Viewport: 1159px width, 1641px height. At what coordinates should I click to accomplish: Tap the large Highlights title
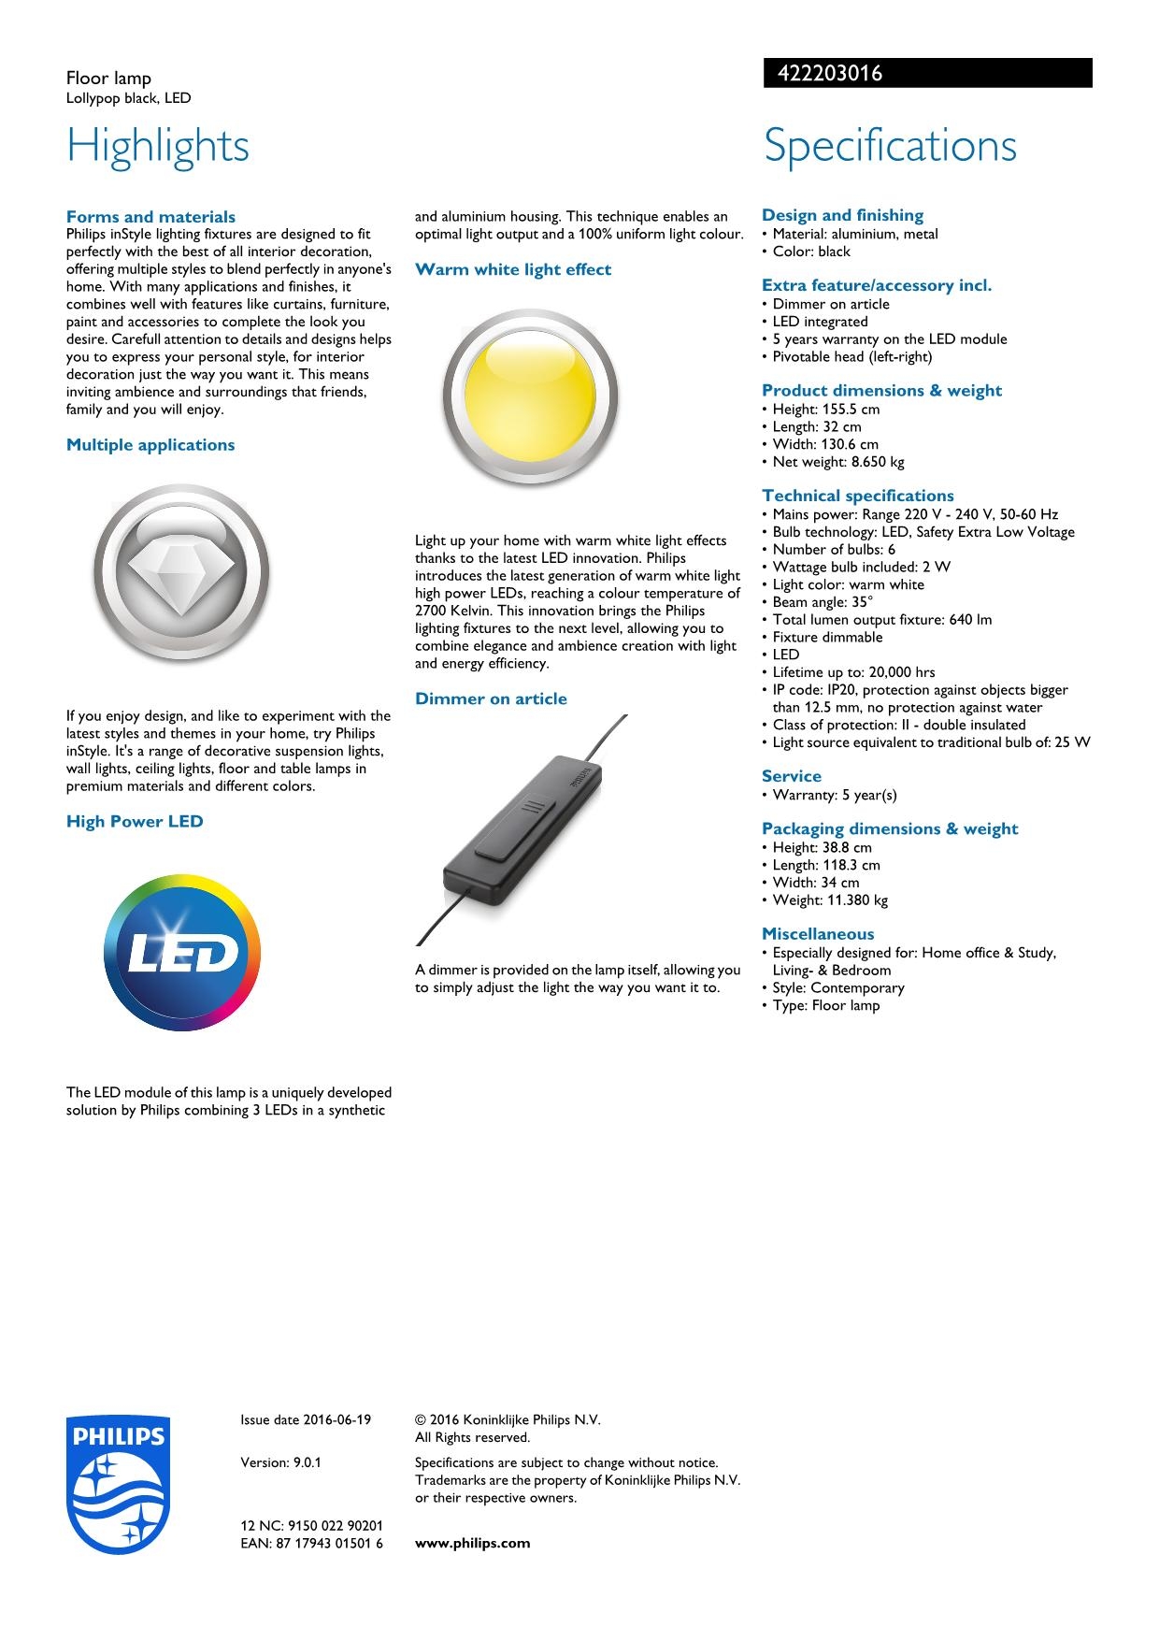[158, 146]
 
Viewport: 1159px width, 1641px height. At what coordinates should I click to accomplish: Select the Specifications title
[890, 146]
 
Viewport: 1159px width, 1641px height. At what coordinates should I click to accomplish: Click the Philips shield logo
[118, 1485]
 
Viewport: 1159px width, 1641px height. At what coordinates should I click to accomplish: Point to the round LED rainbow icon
[182, 953]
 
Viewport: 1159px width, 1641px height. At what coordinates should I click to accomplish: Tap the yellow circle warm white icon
[530, 397]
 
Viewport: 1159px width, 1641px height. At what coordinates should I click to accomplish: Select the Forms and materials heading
[150, 217]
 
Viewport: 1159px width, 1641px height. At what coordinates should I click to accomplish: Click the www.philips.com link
[472, 1543]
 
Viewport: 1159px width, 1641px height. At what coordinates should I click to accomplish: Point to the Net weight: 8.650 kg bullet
[837, 462]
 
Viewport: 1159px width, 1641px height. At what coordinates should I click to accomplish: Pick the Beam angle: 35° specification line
[823, 602]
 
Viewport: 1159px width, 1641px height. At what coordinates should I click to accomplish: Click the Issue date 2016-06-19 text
[306, 1419]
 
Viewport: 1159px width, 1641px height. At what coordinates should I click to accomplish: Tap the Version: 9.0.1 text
[280, 1462]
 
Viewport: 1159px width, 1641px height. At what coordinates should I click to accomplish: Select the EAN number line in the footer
[311, 1543]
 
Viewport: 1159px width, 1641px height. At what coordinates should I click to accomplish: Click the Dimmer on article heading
[491, 698]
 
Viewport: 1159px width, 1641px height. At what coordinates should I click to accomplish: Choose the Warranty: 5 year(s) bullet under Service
[834, 795]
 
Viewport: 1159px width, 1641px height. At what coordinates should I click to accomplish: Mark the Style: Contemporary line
[837, 987]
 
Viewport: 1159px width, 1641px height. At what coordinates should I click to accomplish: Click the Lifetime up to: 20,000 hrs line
[852, 672]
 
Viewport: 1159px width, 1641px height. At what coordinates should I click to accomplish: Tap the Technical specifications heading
[857, 496]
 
